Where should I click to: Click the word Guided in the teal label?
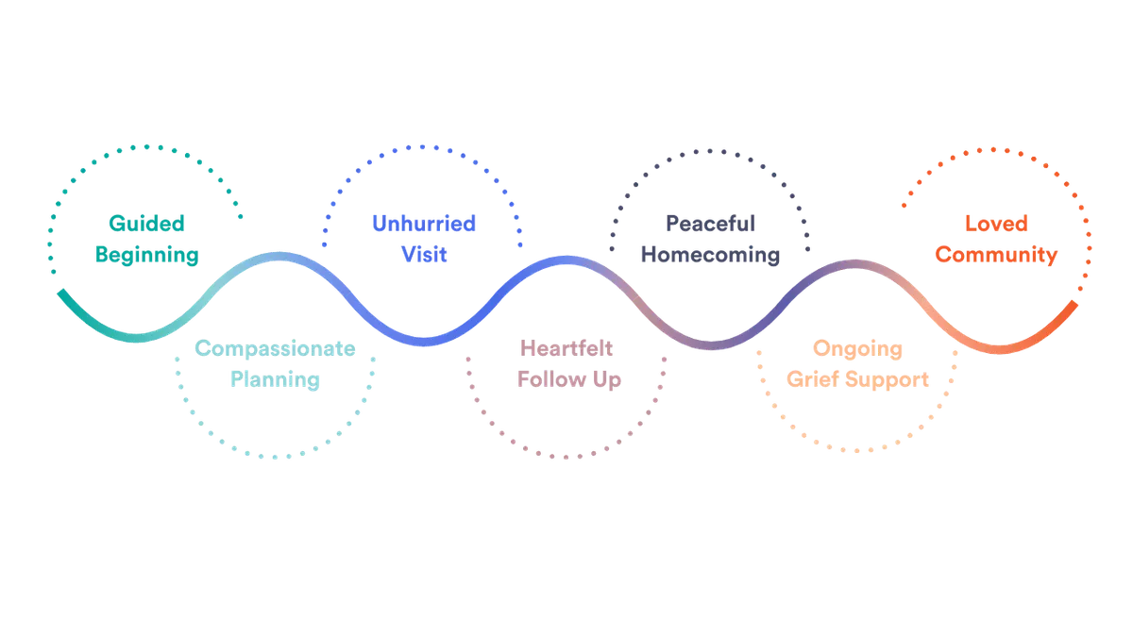click(146, 224)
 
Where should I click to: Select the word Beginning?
click(146, 255)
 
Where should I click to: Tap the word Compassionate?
click(274, 348)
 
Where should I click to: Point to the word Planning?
click(274, 379)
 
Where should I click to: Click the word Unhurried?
click(424, 224)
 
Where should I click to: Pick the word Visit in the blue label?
click(424, 255)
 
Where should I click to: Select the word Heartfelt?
click(566, 348)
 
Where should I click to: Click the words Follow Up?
click(566, 379)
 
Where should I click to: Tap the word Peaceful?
click(711, 224)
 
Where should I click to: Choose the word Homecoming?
click(711, 255)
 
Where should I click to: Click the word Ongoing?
click(858, 348)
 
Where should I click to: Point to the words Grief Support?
click(858, 379)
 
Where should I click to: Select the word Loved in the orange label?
click(996, 224)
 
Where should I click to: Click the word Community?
click(996, 255)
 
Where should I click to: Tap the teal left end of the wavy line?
click(59, 293)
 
